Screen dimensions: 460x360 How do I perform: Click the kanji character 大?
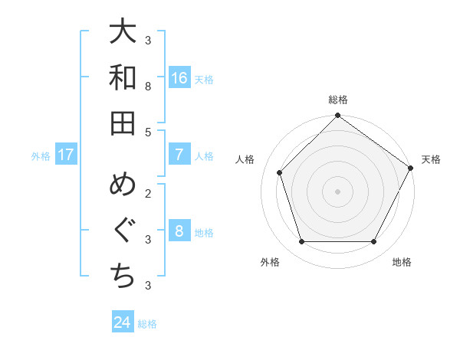(123, 34)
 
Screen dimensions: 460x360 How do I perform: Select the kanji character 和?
(123, 78)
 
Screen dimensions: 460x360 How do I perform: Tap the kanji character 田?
(123, 123)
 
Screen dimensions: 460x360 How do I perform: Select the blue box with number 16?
(179, 78)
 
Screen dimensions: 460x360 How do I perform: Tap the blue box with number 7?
(179, 155)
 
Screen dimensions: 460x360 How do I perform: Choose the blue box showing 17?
(65, 155)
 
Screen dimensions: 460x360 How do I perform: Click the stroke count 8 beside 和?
(148, 87)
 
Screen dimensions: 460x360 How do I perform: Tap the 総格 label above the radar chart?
(338, 100)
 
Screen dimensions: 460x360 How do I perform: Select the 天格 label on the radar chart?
(431, 159)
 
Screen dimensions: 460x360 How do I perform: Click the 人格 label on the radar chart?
(245, 159)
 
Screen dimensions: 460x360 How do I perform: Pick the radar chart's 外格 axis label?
(270, 262)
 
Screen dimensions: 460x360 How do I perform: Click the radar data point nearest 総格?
(338, 116)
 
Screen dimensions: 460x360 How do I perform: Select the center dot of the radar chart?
(338, 191)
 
